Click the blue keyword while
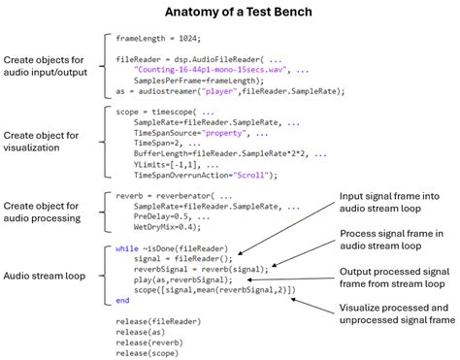pos(127,248)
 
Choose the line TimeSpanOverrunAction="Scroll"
pos(205,175)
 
